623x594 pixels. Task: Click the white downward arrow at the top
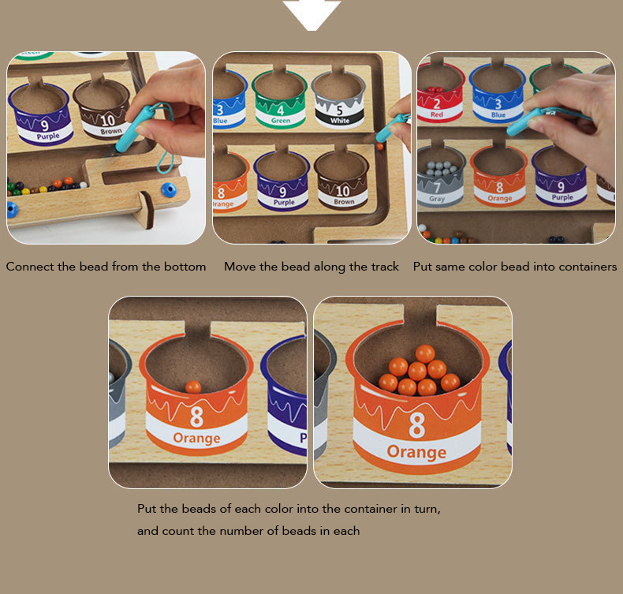[312, 14]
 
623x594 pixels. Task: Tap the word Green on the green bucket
[281, 121]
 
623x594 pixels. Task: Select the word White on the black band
[340, 121]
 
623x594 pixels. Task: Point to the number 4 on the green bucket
[281, 110]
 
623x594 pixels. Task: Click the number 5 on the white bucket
[339, 110]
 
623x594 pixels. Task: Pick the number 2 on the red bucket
[437, 104]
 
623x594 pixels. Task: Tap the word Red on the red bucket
[437, 114]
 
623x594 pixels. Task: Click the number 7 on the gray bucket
[437, 188]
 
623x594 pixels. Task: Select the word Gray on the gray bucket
[437, 198]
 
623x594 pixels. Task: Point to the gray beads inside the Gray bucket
[439, 169]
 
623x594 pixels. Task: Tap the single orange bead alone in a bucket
[193, 387]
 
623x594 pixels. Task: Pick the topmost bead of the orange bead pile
[425, 353]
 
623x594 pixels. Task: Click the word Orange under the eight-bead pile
[416, 452]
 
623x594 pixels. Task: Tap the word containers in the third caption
[588, 266]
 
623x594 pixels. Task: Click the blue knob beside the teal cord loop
[168, 190]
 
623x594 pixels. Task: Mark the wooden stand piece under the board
[144, 210]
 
